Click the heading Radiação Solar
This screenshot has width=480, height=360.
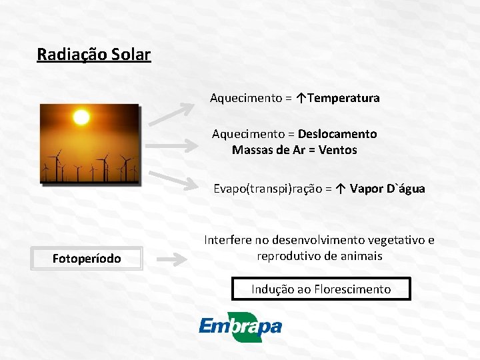click(94, 54)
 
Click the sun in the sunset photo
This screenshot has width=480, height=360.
click(81, 118)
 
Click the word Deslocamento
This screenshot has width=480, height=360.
click(337, 134)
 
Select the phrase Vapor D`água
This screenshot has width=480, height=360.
click(387, 189)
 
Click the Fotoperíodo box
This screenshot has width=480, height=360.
click(87, 258)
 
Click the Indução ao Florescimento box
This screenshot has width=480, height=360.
click(321, 289)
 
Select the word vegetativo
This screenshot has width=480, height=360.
click(390, 240)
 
